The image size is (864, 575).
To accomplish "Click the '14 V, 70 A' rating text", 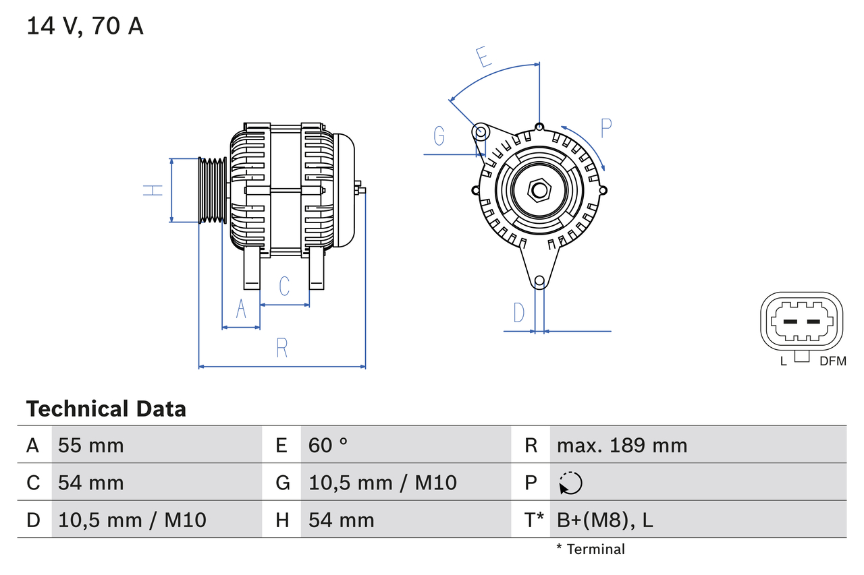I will pos(85,26).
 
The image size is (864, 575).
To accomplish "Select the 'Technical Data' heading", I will pos(106,408).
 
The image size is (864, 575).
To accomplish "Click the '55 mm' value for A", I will pos(91,445).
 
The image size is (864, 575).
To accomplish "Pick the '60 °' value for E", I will pos(328,445).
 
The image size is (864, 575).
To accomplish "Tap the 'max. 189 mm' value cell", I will pos(622,445).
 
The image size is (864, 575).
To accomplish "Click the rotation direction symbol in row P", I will pos(570,483).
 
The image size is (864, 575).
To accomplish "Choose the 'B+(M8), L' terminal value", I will pos(605,520).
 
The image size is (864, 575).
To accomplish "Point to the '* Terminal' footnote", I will pos(591,549).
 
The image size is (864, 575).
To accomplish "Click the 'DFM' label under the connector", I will pos(832,361).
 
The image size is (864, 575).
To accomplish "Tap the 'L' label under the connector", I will pos(783,361).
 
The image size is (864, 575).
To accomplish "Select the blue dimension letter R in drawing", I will pos(282,348).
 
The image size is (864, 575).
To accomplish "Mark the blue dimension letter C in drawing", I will pos(284,286).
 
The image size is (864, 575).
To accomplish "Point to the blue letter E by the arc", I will pos(483,57).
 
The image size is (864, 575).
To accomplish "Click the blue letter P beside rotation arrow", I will pos(605,128).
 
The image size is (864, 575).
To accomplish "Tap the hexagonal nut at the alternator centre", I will pos(539,190).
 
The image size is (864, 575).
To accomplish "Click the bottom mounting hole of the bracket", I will pos(539,281).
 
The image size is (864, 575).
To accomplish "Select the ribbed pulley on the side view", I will pos(213,190).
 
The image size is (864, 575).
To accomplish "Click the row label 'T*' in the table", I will pos(534,520).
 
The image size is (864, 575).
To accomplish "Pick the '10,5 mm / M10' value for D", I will pos(132,520).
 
